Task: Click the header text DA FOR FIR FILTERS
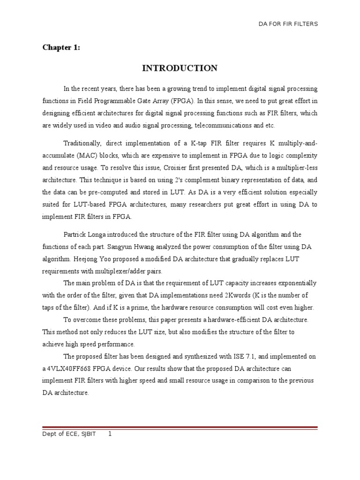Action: pyautogui.click(x=289, y=24)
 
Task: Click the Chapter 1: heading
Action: pyautogui.click(x=61, y=47)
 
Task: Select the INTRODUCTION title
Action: pyautogui.click(x=180, y=68)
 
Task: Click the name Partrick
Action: pyautogui.click(x=76, y=234)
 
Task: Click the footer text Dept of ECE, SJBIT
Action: pyautogui.click(x=69, y=434)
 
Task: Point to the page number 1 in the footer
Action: pyautogui.click(x=110, y=434)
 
